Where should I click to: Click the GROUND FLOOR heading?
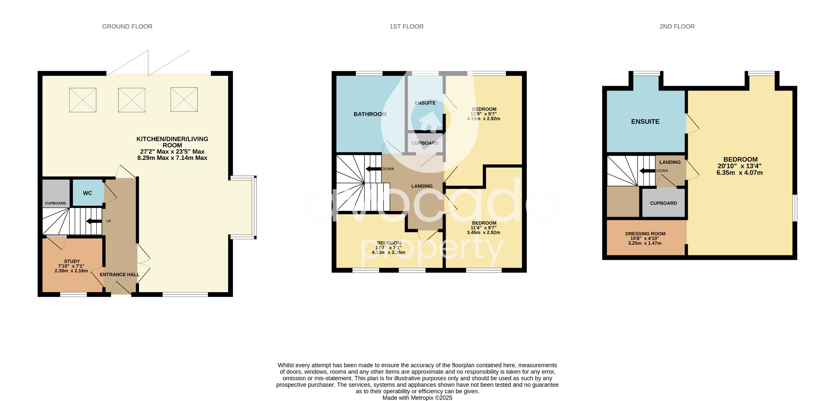point(127,27)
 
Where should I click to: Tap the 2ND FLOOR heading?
point(677,27)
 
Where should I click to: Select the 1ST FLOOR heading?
point(406,27)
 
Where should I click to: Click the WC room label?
point(88,193)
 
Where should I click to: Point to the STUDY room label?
point(72,261)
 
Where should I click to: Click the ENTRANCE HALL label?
point(119,275)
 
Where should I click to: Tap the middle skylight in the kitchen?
point(131,100)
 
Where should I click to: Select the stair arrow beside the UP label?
point(94,221)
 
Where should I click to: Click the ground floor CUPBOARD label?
point(55,203)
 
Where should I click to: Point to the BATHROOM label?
point(370,114)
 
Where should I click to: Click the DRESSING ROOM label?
point(645,234)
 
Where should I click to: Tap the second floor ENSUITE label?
point(645,122)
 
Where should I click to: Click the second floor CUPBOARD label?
point(663,203)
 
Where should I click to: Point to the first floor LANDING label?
point(422,186)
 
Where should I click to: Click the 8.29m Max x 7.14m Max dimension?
point(172,158)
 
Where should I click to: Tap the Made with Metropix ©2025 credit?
point(417,398)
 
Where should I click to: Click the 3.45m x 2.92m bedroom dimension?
point(483,233)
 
